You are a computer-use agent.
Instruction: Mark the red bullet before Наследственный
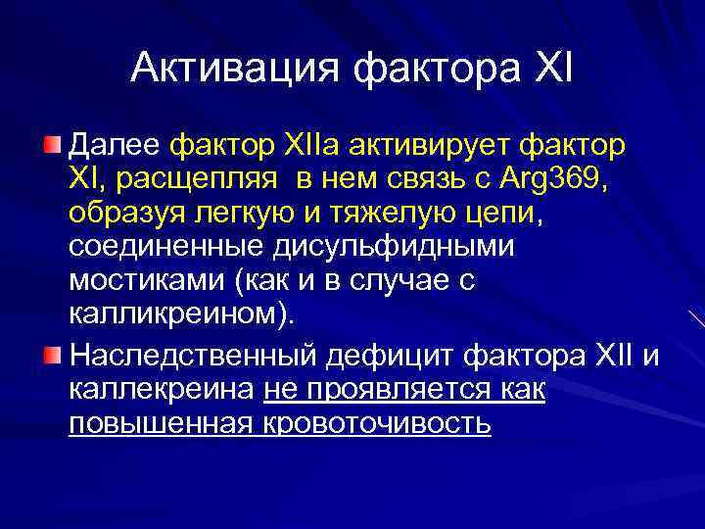[53, 353]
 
